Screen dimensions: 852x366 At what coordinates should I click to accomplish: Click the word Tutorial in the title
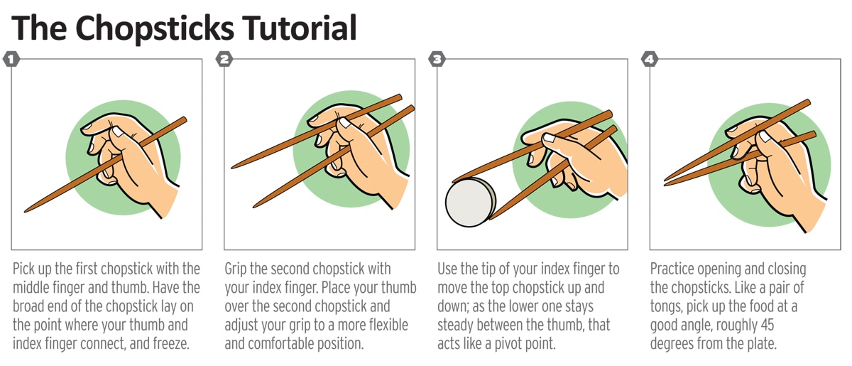pyautogui.click(x=300, y=28)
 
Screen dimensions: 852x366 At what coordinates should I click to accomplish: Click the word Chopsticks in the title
pyautogui.click(x=155, y=29)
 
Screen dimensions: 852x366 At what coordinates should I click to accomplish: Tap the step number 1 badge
pyautogui.click(x=11, y=59)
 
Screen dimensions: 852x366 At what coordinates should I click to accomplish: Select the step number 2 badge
pyautogui.click(x=224, y=59)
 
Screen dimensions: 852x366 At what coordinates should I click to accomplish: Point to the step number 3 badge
pyautogui.click(x=437, y=59)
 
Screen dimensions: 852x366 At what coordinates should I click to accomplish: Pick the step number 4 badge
pyautogui.click(x=650, y=59)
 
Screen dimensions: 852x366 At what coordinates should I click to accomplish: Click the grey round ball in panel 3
pyautogui.click(x=471, y=203)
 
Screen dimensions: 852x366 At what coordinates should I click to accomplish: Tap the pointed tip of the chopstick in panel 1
pyautogui.click(x=26, y=211)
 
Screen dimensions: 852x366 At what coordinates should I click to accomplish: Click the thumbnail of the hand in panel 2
pyautogui.click(x=345, y=123)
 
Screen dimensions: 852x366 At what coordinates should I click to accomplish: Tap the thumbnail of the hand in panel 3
pyautogui.click(x=549, y=137)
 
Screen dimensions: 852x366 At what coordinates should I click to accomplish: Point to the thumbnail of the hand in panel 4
pyautogui.click(x=765, y=136)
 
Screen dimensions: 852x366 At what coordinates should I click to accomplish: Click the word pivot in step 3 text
pyautogui.click(x=508, y=344)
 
